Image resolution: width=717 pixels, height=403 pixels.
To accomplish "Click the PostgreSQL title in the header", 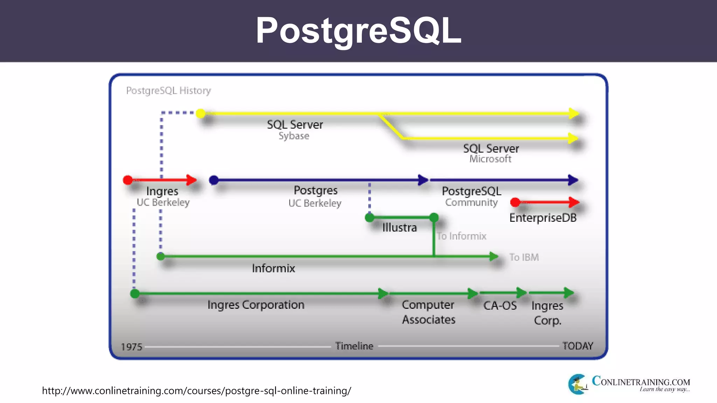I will click(x=358, y=31).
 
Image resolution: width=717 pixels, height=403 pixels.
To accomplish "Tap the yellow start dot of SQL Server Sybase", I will click(x=201, y=113).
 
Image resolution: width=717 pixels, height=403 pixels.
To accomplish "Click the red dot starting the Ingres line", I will click(x=128, y=180).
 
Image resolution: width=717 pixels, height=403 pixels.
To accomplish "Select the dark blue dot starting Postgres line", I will click(x=214, y=180).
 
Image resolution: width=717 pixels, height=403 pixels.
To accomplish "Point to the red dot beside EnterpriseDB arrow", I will click(x=515, y=202).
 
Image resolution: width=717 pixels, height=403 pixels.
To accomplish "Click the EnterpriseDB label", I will click(x=543, y=218).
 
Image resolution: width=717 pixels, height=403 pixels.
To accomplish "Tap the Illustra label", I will click(x=399, y=228).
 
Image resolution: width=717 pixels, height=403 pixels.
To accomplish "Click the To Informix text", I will click(x=461, y=236).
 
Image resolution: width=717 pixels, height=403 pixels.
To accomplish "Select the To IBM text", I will click(x=524, y=257).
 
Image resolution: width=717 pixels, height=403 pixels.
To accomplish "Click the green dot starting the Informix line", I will click(x=161, y=256).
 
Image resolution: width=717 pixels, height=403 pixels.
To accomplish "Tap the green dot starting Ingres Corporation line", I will click(x=135, y=293).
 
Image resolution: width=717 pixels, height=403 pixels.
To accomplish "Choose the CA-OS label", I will click(x=500, y=306).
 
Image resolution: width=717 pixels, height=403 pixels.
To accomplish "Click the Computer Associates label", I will click(x=429, y=312).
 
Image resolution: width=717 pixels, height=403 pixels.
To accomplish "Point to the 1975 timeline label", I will click(x=132, y=347).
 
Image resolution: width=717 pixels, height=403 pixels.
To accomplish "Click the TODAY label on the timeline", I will click(x=578, y=346).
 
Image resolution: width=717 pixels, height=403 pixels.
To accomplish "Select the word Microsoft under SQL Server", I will click(x=490, y=159).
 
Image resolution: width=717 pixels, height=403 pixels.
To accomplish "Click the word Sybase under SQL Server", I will click(x=294, y=136).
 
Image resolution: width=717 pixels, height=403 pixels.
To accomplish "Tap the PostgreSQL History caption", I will click(x=168, y=91).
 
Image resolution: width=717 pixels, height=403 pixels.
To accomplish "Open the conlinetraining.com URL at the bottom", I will click(x=196, y=391).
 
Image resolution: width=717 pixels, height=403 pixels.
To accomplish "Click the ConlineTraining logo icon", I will click(x=578, y=384).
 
